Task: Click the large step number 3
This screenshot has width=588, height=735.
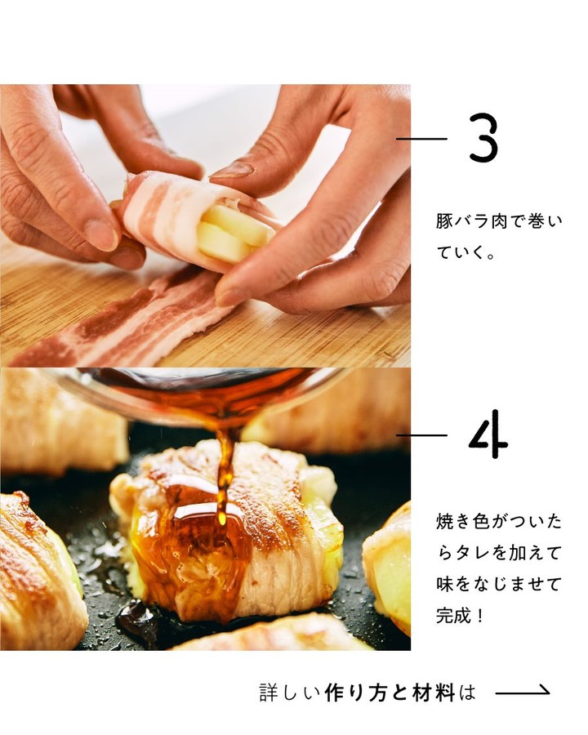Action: pyautogui.click(x=483, y=138)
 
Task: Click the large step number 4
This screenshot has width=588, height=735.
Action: pyautogui.click(x=488, y=434)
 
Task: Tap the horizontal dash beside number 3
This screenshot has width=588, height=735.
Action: pyautogui.click(x=421, y=138)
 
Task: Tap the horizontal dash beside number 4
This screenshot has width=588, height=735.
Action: pyautogui.click(x=421, y=435)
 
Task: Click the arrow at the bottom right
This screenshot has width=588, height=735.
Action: pyautogui.click(x=523, y=691)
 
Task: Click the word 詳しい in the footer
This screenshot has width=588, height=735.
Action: pyautogui.click(x=289, y=692)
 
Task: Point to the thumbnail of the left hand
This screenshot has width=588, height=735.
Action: pyautogui.click(x=101, y=234)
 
